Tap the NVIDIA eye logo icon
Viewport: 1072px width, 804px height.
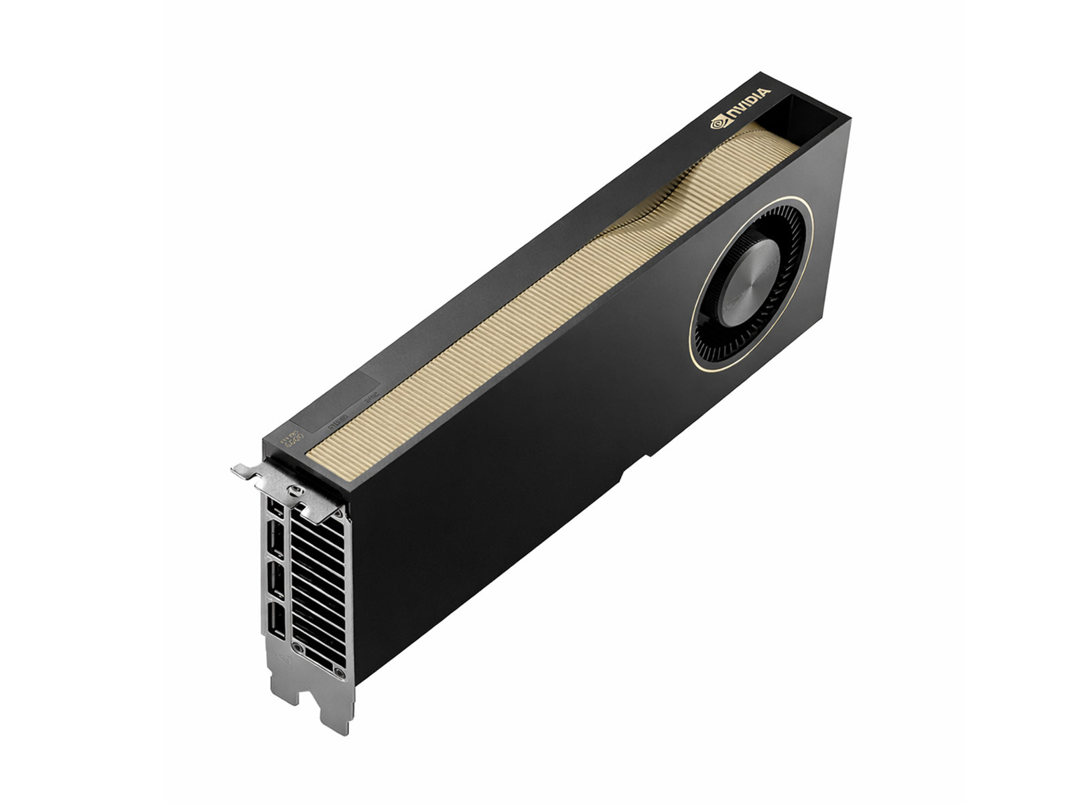pyautogui.click(x=718, y=123)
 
